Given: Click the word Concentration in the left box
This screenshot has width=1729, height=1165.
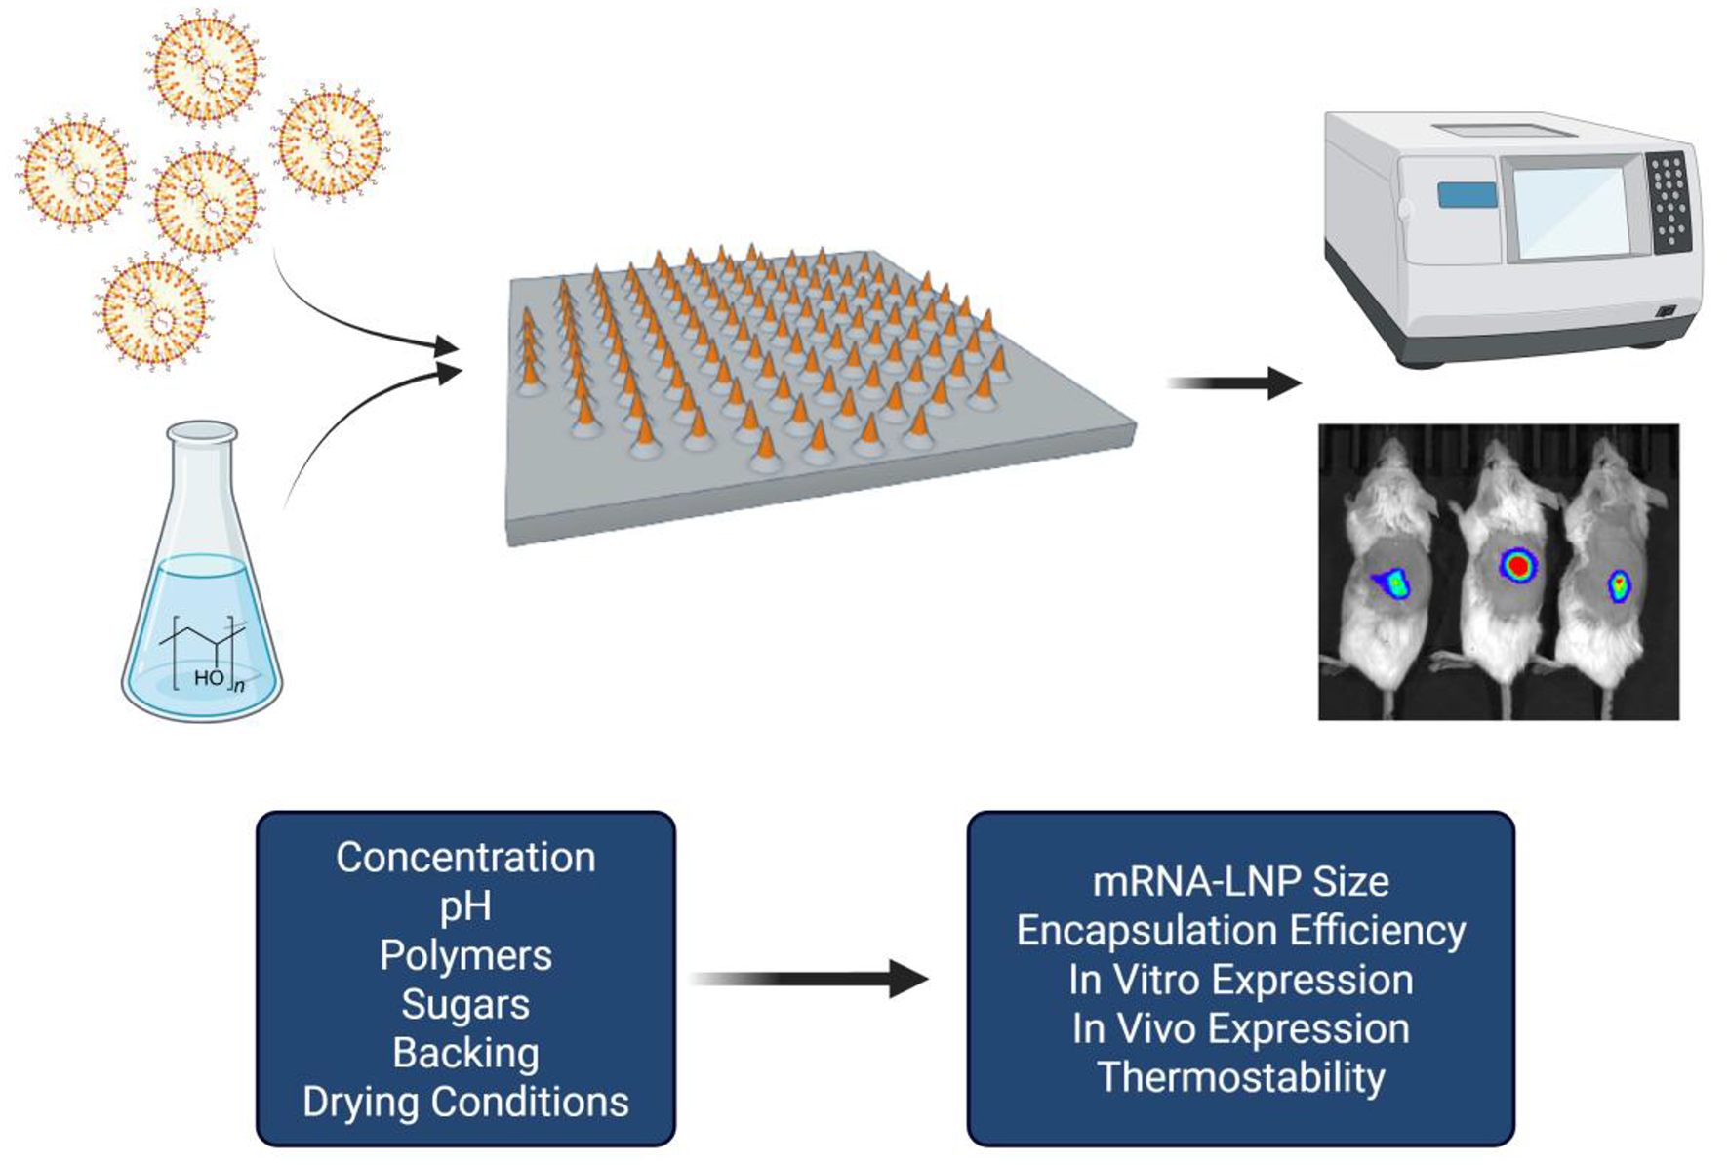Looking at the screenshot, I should click(465, 858).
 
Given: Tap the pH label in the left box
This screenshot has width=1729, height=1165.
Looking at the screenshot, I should click(465, 907).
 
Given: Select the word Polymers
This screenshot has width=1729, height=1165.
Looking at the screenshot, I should click(465, 955).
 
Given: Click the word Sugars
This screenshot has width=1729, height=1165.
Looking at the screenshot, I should click(465, 1004).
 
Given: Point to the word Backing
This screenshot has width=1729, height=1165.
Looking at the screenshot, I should click(465, 1053).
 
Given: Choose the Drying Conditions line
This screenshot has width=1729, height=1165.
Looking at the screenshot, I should click(465, 1102).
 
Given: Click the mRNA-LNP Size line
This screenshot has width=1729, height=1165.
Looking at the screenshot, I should click(1240, 882).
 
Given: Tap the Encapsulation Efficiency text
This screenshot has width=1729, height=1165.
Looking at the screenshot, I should click(1240, 931).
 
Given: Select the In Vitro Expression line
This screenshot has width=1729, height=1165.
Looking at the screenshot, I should click(1240, 980).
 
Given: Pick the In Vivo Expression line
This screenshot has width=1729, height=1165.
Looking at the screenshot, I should click(1240, 1028).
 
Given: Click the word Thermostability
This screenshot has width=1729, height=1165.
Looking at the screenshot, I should click(1240, 1077).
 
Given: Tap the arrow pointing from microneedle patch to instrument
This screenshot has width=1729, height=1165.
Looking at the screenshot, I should click(1234, 383).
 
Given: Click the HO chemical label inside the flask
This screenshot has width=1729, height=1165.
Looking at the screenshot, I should click(208, 677).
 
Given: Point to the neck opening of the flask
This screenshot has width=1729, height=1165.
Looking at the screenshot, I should click(202, 431).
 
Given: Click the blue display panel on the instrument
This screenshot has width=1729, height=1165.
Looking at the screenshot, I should click(1466, 195).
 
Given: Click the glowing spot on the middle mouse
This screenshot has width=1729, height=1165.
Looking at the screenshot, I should click(1517, 565).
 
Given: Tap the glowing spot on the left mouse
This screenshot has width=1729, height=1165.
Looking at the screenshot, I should click(1392, 583).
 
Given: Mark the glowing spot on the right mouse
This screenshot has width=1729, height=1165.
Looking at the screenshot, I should click(1619, 584).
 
